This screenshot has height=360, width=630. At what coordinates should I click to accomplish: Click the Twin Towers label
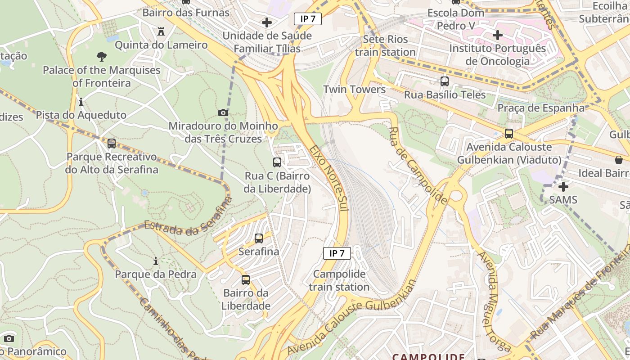click(354, 89)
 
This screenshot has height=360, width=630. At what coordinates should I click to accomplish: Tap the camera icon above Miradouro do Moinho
click(223, 112)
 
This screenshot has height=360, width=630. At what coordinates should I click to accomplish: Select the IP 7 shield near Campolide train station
click(337, 253)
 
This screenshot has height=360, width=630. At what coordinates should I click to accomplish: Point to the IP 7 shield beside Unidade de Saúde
click(308, 19)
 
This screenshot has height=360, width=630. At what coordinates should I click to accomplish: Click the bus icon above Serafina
click(259, 238)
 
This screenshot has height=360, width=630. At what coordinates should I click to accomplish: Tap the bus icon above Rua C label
click(277, 162)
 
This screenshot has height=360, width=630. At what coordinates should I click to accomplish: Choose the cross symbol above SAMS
click(563, 186)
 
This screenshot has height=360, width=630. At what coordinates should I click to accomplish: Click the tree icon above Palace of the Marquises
click(102, 57)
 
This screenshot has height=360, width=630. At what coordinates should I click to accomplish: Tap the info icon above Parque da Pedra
click(156, 261)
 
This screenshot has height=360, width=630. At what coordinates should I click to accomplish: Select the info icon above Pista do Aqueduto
click(81, 102)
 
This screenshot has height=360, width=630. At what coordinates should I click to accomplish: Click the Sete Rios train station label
click(385, 45)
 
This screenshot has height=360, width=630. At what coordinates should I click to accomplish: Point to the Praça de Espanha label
click(540, 108)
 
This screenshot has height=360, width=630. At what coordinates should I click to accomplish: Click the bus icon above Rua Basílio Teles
click(445, 81)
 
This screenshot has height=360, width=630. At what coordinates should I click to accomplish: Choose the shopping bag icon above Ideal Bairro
click(619, 160)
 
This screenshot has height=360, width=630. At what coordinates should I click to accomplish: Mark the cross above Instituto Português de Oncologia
click(498, 35)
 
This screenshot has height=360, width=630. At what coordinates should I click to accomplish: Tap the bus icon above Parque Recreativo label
click(112, 144)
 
